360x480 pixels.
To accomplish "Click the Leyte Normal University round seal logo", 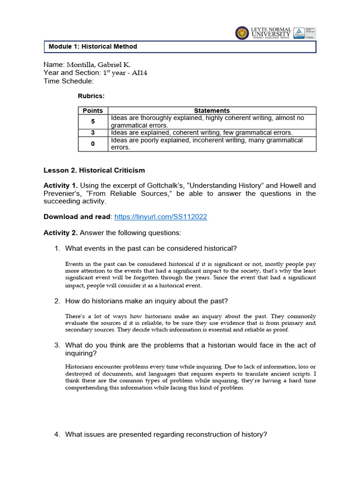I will [242, 33].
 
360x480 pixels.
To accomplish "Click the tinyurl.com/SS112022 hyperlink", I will [161, 217].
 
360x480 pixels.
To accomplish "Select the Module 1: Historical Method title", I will [93, 47].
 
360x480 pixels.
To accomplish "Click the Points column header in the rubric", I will [93, 111].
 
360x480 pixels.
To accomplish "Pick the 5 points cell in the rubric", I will [93, 121].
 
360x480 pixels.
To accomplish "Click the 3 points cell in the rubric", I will [93, 133].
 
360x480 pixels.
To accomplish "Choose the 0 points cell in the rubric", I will [93, 144].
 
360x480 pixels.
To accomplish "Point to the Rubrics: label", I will [91, 96].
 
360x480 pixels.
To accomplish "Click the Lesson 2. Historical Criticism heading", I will [94, 170].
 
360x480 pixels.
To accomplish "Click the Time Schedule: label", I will [68, 81].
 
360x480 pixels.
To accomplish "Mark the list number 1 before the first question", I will [57, 248].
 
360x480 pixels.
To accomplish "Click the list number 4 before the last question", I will [57, 435].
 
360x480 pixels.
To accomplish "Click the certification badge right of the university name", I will [304, 33].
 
